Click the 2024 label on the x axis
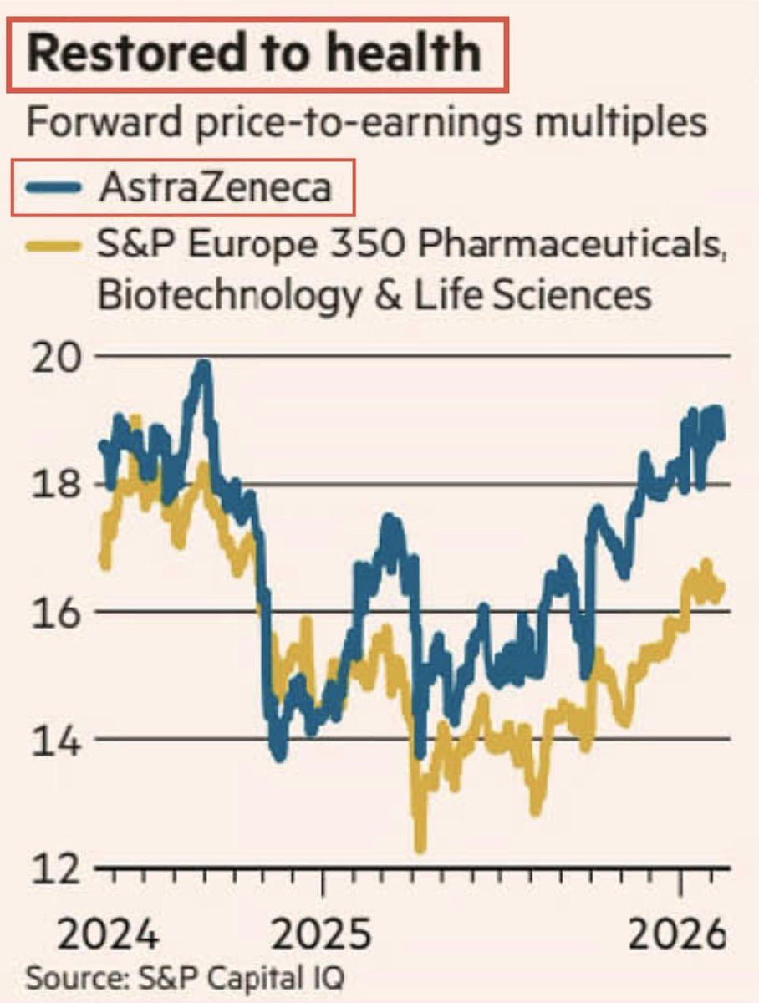110,934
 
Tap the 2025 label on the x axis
322,934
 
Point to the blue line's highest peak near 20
201,365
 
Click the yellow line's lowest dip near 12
420,848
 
